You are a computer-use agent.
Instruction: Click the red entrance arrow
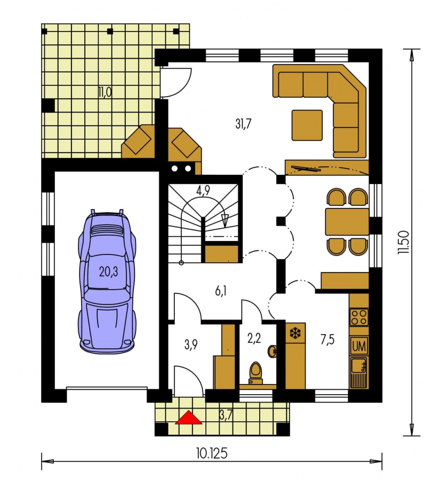coord(188,418)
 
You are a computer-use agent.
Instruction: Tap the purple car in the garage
coord(107,282)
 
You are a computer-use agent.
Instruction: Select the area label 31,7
coord(243,124)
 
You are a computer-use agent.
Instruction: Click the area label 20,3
coord(108,271)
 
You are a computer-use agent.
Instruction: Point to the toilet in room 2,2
coord(255,373)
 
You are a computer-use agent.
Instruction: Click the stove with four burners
coord(359,317)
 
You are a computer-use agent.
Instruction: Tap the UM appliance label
coord(359,347)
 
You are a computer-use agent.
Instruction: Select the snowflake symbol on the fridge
coord(295,333)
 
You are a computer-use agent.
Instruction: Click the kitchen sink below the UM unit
coord(359,372)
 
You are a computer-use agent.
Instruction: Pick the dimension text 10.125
coord(212,453)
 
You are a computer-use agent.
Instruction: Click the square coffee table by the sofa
coord(307,125)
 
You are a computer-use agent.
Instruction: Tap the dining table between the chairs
coord(347,222)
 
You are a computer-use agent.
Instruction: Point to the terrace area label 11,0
coord(105,92)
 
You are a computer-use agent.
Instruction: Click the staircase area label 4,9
coord(203,190)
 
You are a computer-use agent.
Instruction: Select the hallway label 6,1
coord(220,291)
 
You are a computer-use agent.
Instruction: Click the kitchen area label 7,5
coord(327,340)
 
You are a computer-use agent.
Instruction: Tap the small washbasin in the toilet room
coord(272,351)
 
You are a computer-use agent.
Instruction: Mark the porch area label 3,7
coord(226,415)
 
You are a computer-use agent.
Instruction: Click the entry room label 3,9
coord(191,345)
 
